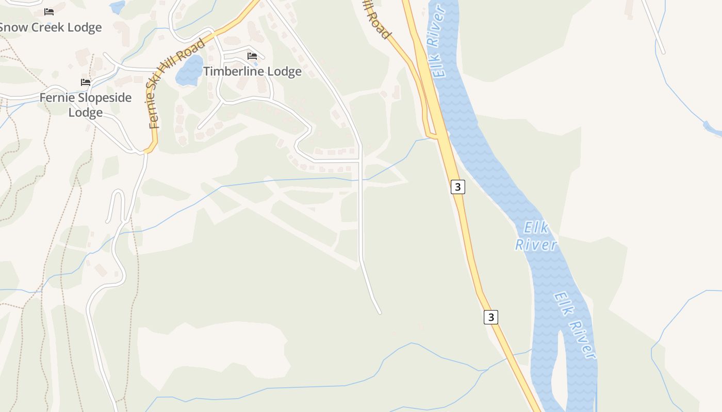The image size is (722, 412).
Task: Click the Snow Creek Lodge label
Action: [50, 27]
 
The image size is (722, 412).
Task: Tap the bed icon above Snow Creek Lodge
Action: [49, 11]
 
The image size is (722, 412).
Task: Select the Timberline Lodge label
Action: [252, 72]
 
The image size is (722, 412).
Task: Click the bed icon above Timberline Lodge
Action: [252, 56]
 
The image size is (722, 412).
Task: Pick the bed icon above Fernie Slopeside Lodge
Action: [86, 82]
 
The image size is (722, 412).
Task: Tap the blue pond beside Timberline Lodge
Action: [189, 71]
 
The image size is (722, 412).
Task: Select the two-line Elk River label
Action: [536, 236]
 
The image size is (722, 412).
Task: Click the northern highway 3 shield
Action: [457, 186]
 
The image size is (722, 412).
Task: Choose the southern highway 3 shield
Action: [491, 317]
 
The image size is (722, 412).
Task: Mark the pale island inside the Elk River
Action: [559, 371]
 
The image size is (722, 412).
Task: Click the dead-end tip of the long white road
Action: [380, 312]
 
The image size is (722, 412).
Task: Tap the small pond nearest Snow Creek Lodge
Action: [117, 7]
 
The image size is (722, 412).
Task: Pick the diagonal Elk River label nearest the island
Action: [576, 325]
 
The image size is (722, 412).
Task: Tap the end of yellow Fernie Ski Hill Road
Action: [147, 151]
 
